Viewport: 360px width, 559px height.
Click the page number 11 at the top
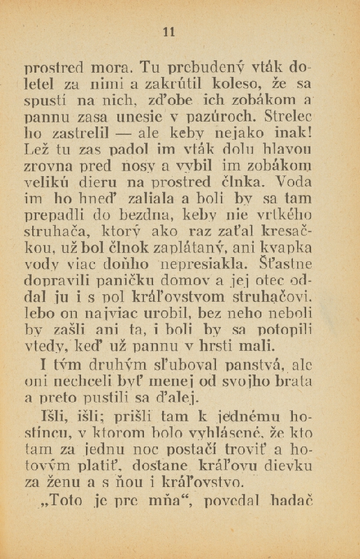pos(168,31)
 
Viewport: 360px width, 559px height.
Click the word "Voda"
pos(293,184)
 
